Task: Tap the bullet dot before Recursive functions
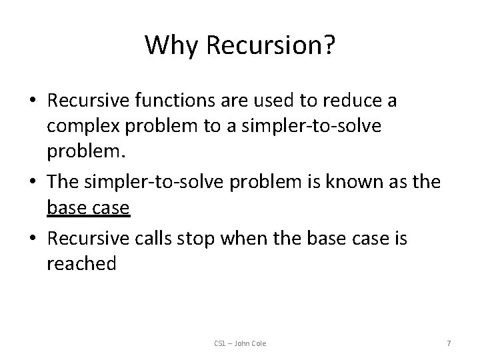pyautogui.click(x=33, y=101)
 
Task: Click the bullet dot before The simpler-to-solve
pyautogui.click(x=33, y=183)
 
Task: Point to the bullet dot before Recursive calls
pyautogui.click(x=33, y=238)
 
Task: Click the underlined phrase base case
pyautogui.click(x=88, y=210)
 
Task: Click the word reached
pyautogui.click(x=81, y=265)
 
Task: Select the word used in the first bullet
pyautogui.click(x=295, y=101)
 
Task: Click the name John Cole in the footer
pyautogui.click(x=251, y=343)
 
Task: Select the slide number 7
pyautogui.click(x=449, y=343)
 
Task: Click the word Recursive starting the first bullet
pyautogui.click(x=88, y=101)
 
